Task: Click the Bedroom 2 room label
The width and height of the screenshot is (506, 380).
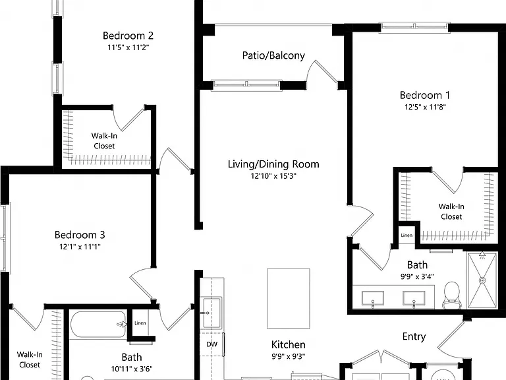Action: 128,36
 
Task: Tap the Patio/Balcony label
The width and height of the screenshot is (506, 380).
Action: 273,55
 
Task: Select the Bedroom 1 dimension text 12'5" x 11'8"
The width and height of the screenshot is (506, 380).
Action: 425,107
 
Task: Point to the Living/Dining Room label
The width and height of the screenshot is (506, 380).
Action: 273,164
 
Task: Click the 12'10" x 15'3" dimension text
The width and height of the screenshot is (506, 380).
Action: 273,176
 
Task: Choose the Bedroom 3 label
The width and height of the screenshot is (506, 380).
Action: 80,235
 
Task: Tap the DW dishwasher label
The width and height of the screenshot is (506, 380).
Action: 211,344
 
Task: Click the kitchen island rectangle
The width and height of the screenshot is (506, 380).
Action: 289,299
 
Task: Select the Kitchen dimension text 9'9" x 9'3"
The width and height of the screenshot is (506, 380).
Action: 288,356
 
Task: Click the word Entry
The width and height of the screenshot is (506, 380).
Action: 414,336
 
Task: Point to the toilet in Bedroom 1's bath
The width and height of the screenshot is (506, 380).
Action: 452,295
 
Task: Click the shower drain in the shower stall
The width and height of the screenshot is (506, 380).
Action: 482,280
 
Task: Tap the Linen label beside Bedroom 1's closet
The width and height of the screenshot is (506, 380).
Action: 407,236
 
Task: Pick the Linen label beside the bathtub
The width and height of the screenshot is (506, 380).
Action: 140,323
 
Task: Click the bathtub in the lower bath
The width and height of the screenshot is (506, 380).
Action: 98,325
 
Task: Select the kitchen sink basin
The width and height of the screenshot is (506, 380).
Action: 211,313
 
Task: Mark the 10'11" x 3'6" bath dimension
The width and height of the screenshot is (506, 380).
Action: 132,369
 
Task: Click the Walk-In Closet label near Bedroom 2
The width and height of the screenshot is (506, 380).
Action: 104,141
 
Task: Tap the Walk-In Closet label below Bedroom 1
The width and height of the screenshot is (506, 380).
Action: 451,212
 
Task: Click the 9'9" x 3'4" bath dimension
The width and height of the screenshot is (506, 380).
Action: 417,276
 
